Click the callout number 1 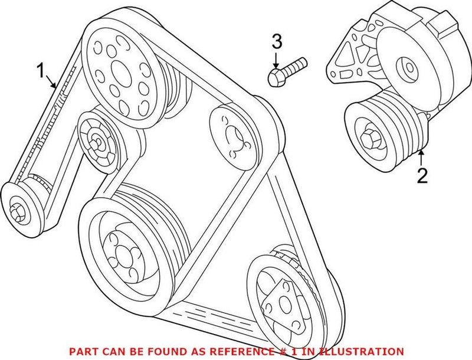tap(41, 72)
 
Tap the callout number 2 tap(422, 175)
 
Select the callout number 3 tap(277, 42)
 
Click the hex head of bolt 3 tap(276, 76)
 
